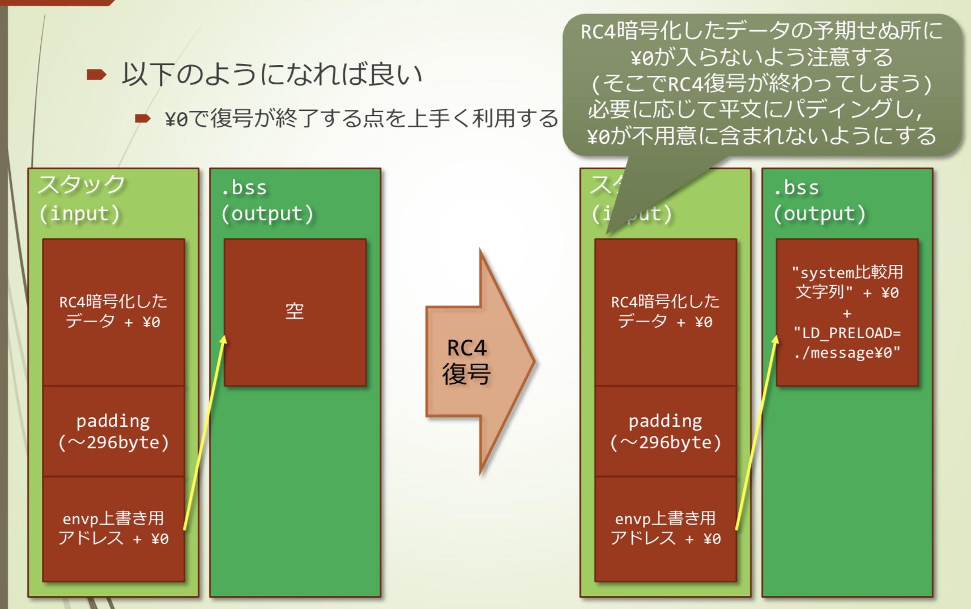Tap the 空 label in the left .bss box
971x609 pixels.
tap(295, 311)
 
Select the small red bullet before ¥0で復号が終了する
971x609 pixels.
tap(142, 118)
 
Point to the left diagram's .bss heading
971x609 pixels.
tap(244, 187)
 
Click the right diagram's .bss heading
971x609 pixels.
tap(797, 187)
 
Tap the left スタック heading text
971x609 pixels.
tap(81, 185)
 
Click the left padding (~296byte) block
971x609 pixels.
tap(113, 431)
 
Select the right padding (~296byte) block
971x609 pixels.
tap(665, 431)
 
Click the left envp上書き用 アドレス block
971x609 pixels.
tap(113, 528)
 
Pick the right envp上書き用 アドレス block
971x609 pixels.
tap(665, 528)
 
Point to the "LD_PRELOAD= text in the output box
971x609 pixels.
tap(847, 333)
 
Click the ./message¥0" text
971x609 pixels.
tap(847, 353)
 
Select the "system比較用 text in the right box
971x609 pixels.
tap(847, 272)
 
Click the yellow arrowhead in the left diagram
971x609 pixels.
tap(224, 339)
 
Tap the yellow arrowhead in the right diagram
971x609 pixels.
tap(776, 339)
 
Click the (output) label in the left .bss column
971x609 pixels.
tap(267, 214)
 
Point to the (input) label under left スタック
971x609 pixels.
tap(80, 214)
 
